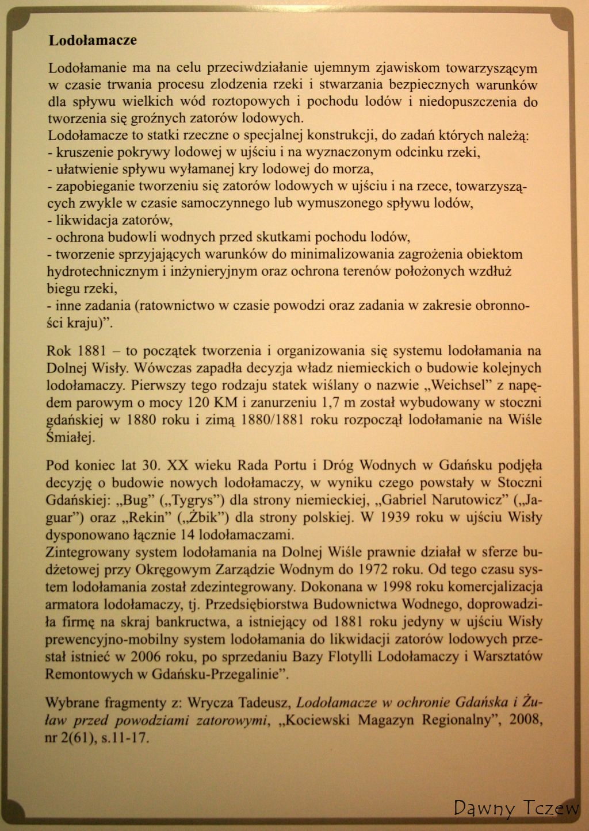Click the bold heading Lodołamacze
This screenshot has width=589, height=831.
(x=93, y=41)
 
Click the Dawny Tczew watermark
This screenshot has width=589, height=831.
(x=515, y=808)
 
